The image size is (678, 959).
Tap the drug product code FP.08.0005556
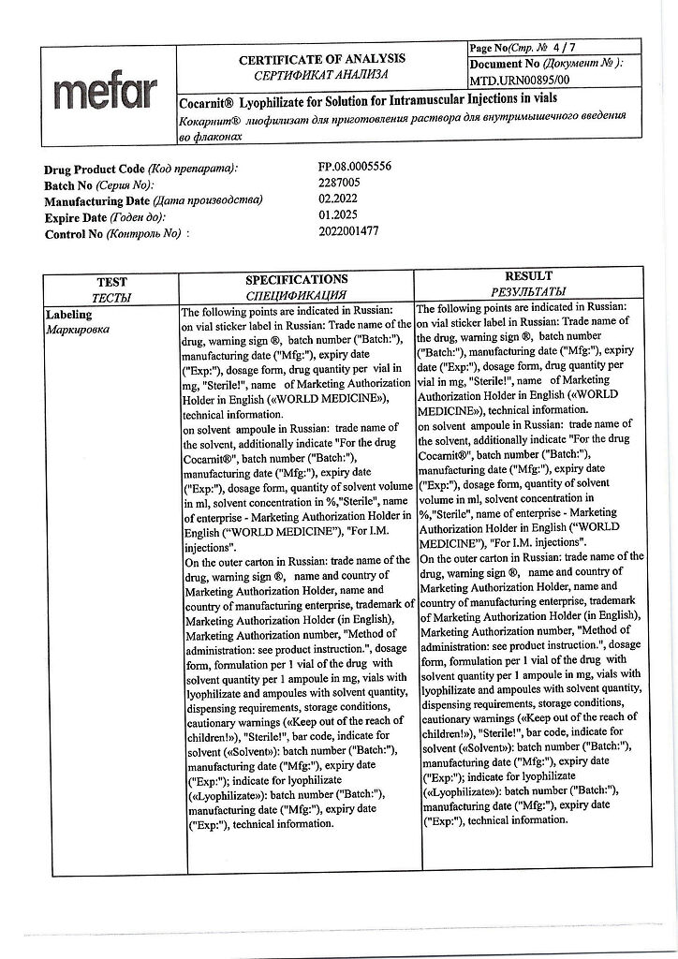coord(355,167)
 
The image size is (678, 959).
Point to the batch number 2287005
coord(339,184)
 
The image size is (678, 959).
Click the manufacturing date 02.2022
coord(339,199)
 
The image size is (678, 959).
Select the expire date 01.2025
coord(339,216)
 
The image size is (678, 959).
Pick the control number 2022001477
coord(348,232)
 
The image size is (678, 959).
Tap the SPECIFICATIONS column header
coord(296,279)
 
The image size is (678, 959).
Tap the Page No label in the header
coord(487,48)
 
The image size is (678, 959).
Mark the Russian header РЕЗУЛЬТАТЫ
coord(528,291)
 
